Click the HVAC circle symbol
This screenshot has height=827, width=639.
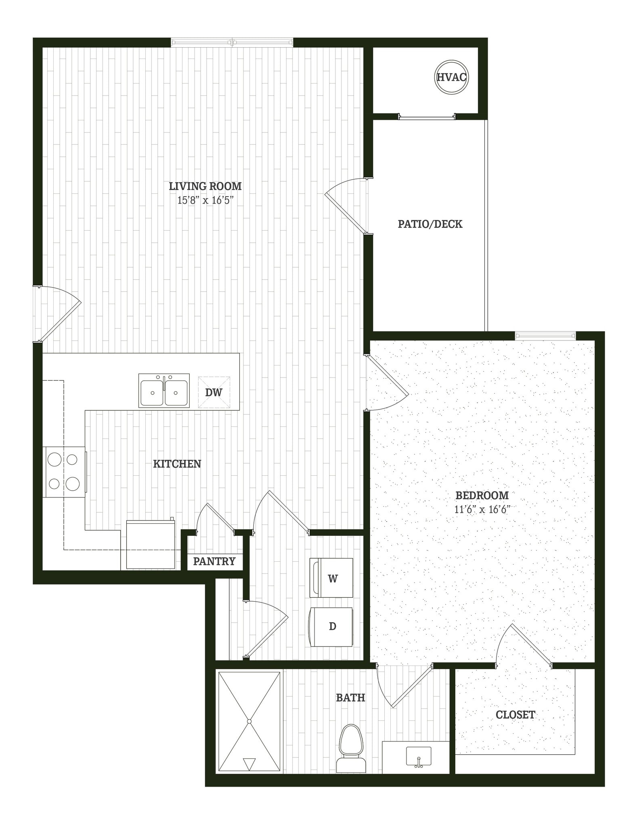click(x=452, y=77)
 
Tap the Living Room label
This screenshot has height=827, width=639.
click(x=205, y=186)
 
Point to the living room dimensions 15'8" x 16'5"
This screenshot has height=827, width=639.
click(x=205, y=200)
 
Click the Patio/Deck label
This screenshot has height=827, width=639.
click(x=430, y=224)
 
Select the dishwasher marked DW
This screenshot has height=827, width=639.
click(x=214, y=392)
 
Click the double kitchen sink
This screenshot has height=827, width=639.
click(x=164, y=390)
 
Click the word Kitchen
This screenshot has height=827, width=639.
click(x=177, y=464)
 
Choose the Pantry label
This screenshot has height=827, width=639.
click(x=214, y=561)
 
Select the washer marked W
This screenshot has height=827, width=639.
click(x=331, y=578)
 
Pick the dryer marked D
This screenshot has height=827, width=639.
click(x=331, y=626)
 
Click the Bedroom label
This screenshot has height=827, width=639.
click(x=482, y=495)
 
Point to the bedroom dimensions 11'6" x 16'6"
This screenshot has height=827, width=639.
click(x=482, y=509)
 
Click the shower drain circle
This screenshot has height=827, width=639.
click(x=249, y=721)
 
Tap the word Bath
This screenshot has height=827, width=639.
click(x=350, y=697)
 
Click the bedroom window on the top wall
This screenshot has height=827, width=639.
click(x=545, y=335)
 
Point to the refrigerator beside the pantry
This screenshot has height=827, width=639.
click(x=151, y=545)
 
